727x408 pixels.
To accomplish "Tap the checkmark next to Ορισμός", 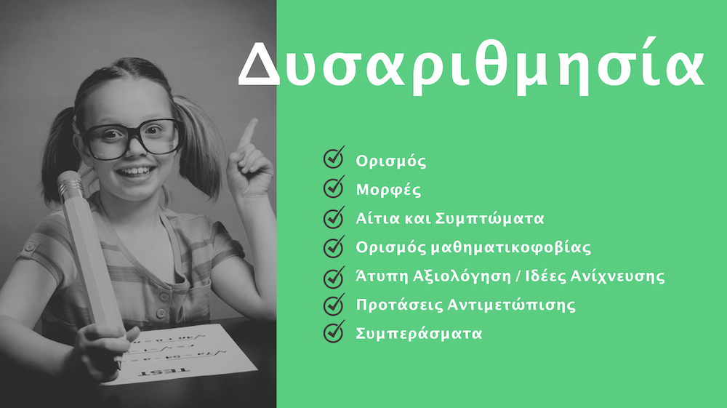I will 333,159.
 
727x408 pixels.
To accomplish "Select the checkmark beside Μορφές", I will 333,188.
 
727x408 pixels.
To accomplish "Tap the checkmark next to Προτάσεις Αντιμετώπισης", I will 333,303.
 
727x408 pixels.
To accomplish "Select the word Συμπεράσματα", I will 419,335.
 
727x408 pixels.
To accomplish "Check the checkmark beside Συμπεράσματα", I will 333,332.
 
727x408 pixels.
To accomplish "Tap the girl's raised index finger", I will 249,133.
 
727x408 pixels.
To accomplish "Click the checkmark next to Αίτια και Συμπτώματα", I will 333,217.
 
